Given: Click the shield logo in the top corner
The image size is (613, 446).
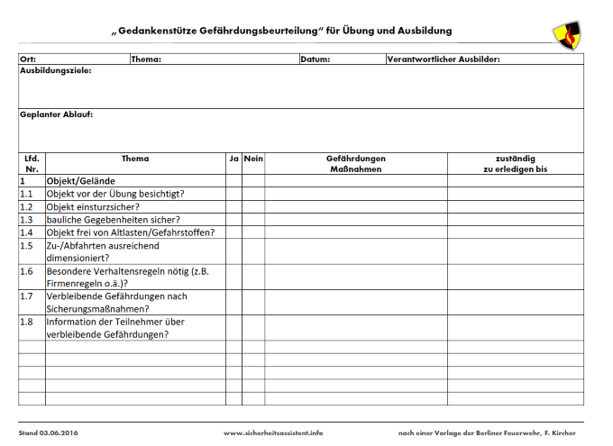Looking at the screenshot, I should (566, 32).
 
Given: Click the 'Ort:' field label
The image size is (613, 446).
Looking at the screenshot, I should (28, 60).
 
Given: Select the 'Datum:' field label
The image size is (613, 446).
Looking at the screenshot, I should (316, 60).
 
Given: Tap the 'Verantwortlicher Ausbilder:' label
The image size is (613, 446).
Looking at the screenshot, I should (443, 60).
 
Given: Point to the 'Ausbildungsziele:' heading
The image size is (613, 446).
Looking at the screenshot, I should (56, 70).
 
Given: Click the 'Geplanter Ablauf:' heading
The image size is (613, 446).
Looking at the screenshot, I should (56, 114).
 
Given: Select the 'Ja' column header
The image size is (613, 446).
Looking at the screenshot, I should (233, 159).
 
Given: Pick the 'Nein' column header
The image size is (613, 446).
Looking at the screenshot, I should (253, 159).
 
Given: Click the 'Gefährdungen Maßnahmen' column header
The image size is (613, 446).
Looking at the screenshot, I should (356, 164).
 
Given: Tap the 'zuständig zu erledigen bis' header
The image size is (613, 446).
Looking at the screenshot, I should (515, 164).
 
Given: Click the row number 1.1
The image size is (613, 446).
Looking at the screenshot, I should (27, 194).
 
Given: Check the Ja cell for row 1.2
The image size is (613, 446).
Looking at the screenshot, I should (233, 206).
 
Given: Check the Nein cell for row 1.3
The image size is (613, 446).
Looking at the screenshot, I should (253, 219).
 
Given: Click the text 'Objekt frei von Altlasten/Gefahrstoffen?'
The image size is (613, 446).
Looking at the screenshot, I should (131, 232).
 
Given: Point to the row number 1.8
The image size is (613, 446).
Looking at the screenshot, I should (27, 321).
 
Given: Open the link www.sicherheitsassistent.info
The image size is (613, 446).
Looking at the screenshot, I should (272, 433).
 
